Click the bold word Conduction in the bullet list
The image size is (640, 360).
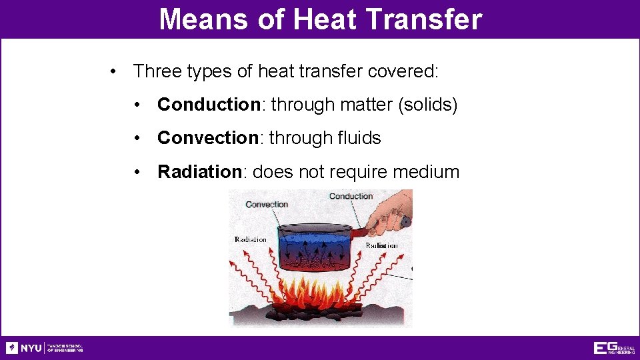click(x=208, y=105)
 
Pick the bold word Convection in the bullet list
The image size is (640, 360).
click(x=207, y=138)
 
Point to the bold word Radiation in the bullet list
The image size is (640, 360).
click(x=199, y=172)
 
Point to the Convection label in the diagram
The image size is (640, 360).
click(x=267, y=204)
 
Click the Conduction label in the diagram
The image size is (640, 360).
click(x=351, y=196)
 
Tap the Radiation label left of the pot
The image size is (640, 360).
click(x=250, y=239)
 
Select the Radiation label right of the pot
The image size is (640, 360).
click(x=381, y=245)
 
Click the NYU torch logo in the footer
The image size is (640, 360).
click(x=12, y=348)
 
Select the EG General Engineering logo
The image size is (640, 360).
click(x=613, y=348)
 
